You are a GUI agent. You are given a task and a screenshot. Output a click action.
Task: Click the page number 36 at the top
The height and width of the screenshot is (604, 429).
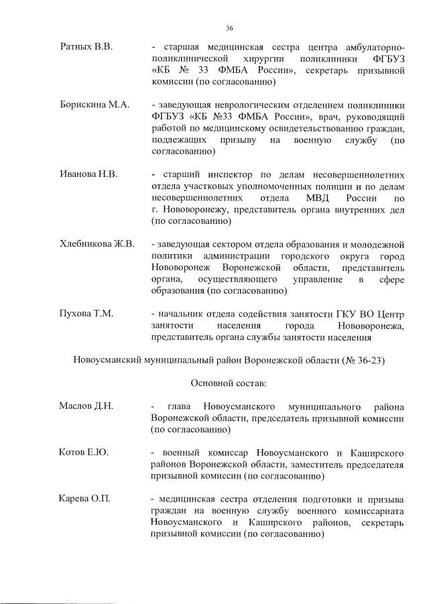point(229,28)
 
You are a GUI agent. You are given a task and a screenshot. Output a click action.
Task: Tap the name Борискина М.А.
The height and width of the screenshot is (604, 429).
point(95,105)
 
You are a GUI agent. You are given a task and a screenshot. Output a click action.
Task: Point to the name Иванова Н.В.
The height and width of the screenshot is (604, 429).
point(88,174)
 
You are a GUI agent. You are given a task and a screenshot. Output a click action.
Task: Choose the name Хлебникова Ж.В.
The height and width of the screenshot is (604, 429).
point(97,244)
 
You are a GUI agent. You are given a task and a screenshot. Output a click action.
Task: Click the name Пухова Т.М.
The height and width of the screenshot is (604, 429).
point(86,313)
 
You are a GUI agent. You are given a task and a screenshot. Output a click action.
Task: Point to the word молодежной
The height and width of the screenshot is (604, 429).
point(377,244)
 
